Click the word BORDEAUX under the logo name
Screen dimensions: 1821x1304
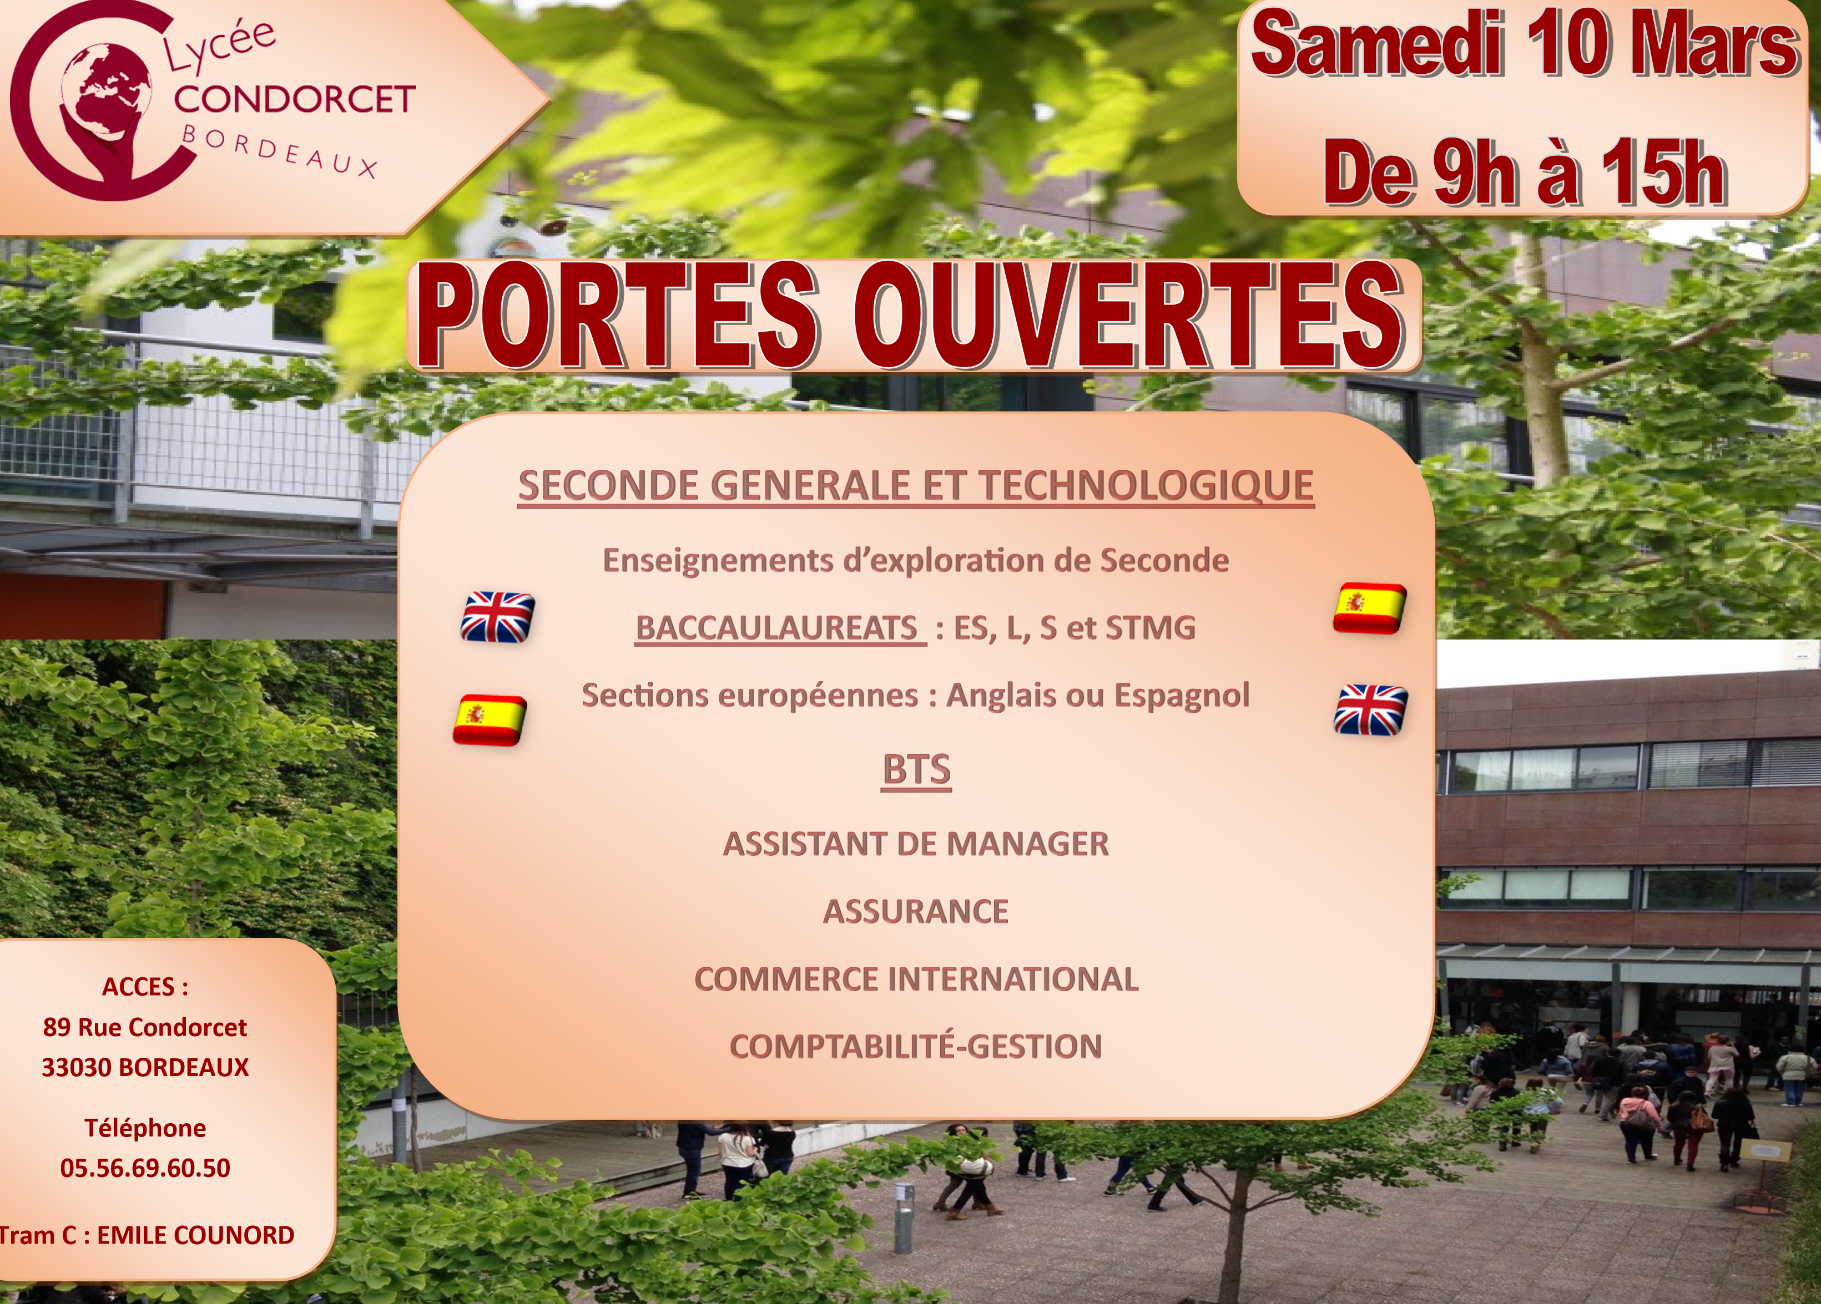coord(279,151)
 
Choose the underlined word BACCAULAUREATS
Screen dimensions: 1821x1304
coord(776,627)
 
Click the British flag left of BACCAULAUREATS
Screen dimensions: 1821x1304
coord(498,617)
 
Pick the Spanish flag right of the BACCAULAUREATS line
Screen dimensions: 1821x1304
coord(1370,608)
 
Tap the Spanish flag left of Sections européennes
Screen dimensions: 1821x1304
coord(490,720)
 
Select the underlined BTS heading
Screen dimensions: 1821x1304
coord(916,769)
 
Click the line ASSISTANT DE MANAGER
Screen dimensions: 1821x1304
coord(916,844)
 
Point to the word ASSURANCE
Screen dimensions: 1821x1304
coord(916,912)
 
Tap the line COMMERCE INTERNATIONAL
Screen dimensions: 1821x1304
coord(916,979)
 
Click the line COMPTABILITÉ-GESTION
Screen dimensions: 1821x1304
coord(916,1047)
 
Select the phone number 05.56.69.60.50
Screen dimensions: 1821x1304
coord(145,1168)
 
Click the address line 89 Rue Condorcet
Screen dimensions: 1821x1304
coord(145,1027)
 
